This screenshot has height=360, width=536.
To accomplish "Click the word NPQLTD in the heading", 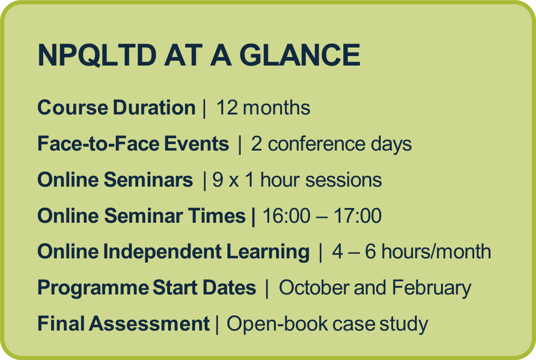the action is pos(97,55).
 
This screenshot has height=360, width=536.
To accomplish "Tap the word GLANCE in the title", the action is pos(300,55).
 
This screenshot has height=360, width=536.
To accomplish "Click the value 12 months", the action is pos(263,108).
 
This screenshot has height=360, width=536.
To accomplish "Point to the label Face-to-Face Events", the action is pos(133,143).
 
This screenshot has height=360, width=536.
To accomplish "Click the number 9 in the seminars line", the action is pos(218,180).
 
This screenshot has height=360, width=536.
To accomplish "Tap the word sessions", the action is pos(344,180).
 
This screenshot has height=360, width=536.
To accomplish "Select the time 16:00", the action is pos(286,216).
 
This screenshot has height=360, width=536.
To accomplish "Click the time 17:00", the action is pos(357,216).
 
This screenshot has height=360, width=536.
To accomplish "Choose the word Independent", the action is pos(162,252).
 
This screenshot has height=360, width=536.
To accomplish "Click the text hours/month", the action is pos(436,252).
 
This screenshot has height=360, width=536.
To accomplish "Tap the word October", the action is pos(314,287).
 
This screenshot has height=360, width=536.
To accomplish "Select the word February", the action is pos(432,288).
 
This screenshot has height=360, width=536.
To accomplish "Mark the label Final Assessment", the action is pos(123,323).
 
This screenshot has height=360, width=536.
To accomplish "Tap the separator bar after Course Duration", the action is pos(205,108).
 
